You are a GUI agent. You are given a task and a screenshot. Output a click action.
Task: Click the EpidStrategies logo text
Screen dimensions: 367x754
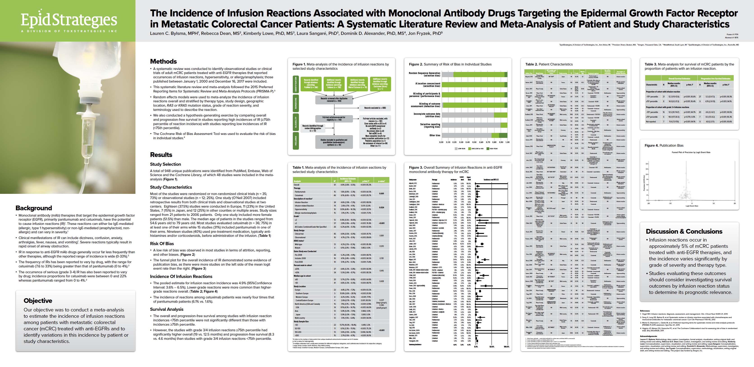69,20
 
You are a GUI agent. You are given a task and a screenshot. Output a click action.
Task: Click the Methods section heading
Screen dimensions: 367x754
163,61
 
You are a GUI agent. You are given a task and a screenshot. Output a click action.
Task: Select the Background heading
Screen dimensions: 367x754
34,208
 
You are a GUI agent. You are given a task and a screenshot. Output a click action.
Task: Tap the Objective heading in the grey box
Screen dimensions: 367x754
38,301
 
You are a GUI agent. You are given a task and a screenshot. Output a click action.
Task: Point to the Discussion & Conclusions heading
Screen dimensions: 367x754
684,231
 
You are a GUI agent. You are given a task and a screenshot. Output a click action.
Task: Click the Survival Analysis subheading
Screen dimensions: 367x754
167,309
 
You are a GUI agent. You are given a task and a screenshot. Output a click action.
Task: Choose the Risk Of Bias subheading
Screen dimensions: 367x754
162,243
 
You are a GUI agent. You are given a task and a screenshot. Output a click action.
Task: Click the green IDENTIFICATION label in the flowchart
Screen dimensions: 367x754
296,85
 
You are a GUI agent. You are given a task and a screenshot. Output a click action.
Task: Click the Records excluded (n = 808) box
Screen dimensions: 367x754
375,108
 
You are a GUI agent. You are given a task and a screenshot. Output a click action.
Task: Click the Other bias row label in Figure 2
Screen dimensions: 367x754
435,135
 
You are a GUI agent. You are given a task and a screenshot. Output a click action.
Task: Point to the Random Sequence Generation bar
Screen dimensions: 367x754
474,74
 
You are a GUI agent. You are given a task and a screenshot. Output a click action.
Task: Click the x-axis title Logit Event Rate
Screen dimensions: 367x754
689,206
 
